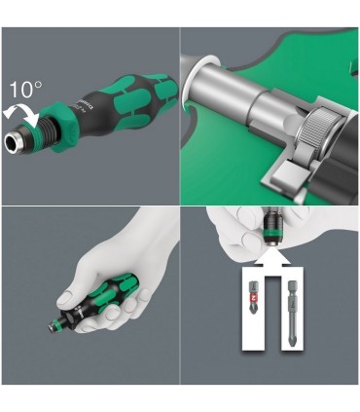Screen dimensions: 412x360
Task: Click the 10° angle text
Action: [26, 90]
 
